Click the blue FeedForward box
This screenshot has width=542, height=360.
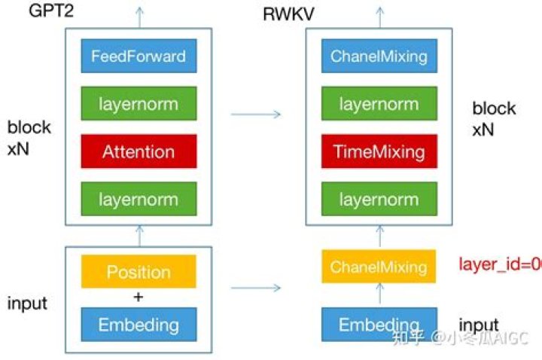click(139, 56)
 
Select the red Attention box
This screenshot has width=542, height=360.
click(139, 151)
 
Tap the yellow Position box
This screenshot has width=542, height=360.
click(139, 273)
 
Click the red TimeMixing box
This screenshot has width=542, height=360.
click(379, 151)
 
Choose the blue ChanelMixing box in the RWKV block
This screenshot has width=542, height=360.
click(379, 56)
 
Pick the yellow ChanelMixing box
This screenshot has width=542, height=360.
click(379, 267)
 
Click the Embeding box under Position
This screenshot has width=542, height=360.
click(139, 325)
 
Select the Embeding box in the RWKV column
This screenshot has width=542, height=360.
click(379, 325)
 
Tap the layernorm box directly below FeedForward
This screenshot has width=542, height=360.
click(139, 104)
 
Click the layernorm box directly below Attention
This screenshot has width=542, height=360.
click(139, 200)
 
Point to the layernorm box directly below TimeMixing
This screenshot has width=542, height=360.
click(379, 200)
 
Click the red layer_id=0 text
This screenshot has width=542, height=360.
click(500, 264)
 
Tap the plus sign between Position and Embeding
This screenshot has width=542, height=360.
click(138, 297)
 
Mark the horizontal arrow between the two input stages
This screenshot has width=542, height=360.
click(255, 288)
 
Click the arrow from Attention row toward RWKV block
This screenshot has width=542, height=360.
click(255, 114)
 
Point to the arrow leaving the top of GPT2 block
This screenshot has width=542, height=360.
click(139, 14)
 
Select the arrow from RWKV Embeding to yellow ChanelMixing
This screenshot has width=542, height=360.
click(379, 295)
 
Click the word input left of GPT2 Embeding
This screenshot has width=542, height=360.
click(27, 304)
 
